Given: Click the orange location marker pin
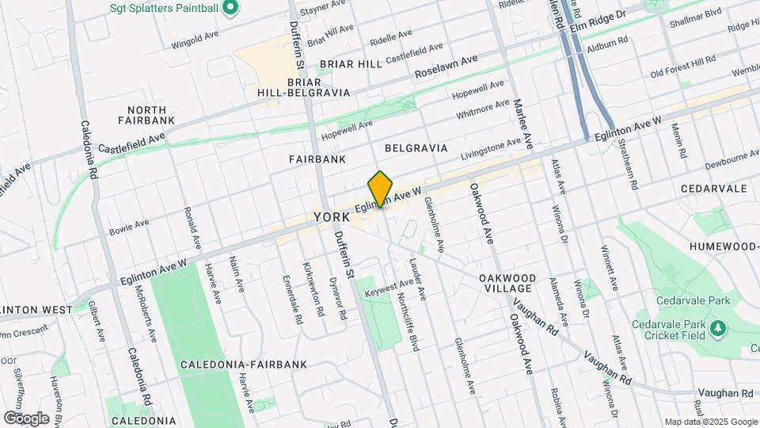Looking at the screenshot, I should pyautogui.click(x=381, y=189).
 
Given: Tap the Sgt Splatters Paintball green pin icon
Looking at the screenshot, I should pyautogui.click(x=230, y=9).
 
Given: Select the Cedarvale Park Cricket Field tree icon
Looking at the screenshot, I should pyautogui.click(x=718, y=327).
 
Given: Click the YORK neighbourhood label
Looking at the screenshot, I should pyautogui.click(x=332, y=216).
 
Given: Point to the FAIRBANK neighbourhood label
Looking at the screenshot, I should pyautogui.click(x=317, y=159).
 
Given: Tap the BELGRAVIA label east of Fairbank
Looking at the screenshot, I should pyautogui.click(x=416, y=148).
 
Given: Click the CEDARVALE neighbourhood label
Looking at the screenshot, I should pyautogui.click(x=713, y=189).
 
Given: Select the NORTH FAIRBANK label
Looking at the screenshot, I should pyautogui.click(x=142, y=115).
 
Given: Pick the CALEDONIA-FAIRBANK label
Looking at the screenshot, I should pyautogui.click(x=220, y=365).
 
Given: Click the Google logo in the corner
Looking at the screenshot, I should pyautogui.click(x=26, y=418).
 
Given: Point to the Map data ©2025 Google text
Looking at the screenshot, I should pyautogui.click(x=711, y=422).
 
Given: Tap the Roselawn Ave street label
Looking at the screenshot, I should pyautogui.click(x=446, y=67).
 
